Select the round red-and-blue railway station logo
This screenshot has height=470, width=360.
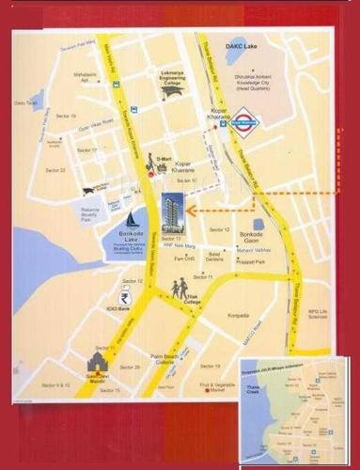click(x=269, y=120)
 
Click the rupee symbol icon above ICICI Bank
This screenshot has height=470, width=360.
click(x=127, y=289)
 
